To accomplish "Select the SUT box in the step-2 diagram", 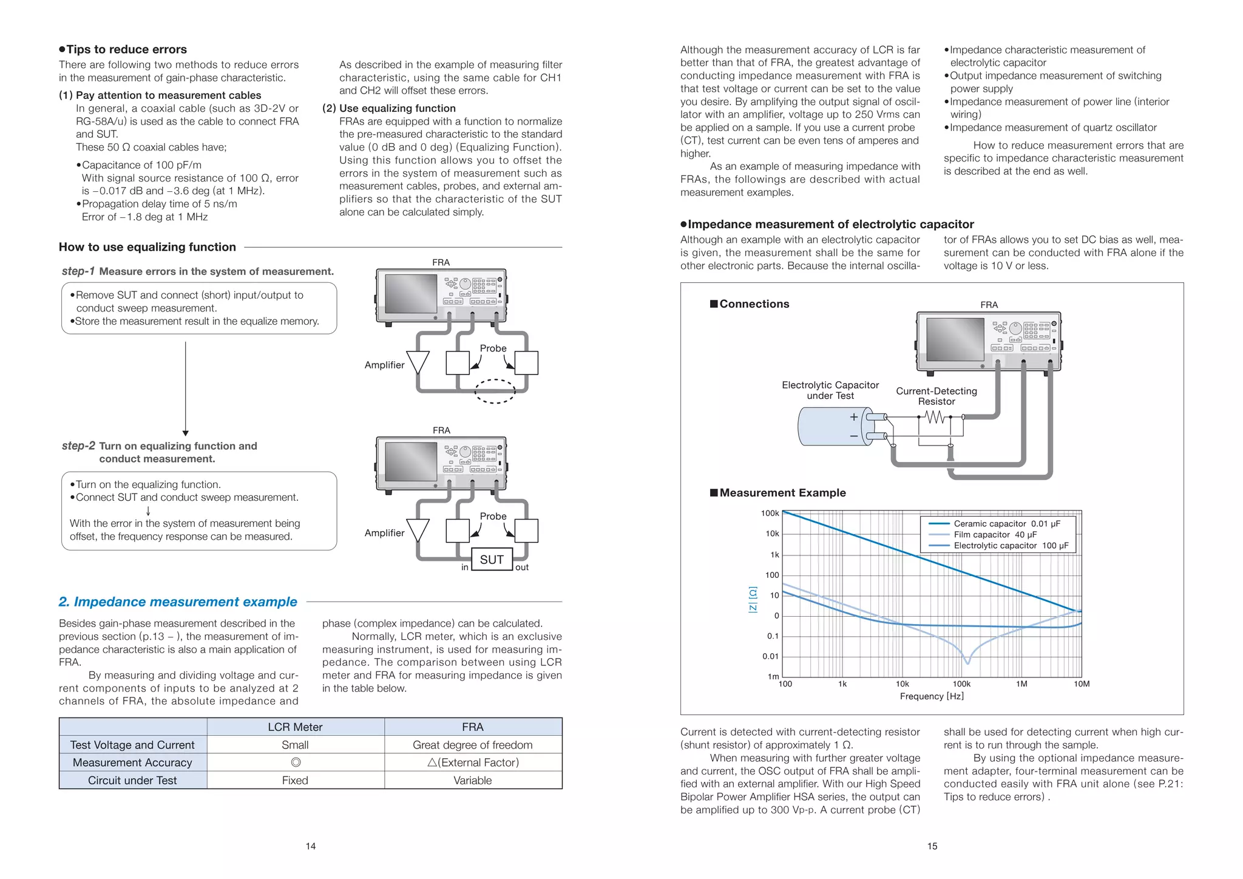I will click(492, 560).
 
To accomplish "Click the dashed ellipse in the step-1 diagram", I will click(495, 391).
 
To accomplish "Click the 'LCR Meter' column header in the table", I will click(295, 727).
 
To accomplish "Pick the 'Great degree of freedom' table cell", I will click(472, 745).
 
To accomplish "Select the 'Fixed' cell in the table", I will click(295, 780).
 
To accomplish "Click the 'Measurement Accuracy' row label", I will click(132, 762).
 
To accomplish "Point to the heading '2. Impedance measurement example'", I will click(178, 602).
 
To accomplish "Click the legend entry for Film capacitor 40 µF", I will click(995, 535).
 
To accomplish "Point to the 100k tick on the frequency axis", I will click(961, 684).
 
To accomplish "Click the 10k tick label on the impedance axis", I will click(772, 534).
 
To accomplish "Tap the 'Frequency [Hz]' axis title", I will click(932, 696).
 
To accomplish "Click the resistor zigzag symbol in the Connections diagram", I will click(935, 418).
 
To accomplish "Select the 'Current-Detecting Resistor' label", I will click(936, 396).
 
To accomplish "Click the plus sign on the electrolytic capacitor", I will click(854, 417).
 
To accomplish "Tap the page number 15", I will click(932, 846).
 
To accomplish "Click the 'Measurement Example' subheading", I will click(782, 493).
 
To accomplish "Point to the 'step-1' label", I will click(78, 271).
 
